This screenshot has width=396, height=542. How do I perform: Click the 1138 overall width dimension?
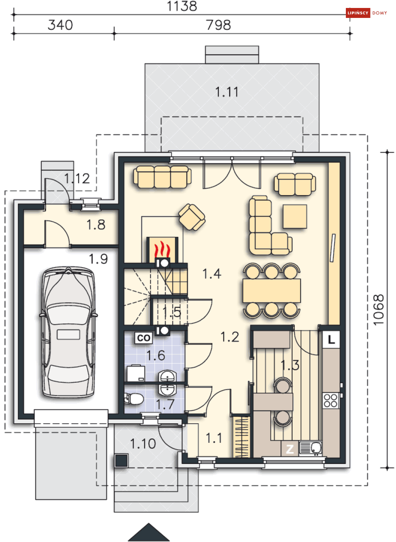click(182, 6)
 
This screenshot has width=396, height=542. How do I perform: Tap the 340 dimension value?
click(60, 25)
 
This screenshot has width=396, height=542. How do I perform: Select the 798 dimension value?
click(218, 25)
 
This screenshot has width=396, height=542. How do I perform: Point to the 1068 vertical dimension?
click(378, 310)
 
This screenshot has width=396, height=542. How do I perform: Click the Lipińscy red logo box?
click(358, 13)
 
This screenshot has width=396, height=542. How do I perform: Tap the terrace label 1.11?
click(227, 92)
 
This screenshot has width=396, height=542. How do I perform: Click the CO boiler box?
click(144, 338)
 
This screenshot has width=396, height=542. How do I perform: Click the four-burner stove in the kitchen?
click(331, 401)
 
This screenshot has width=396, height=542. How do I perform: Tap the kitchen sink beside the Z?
click(310, 448)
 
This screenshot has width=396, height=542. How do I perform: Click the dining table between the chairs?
click(272, 291)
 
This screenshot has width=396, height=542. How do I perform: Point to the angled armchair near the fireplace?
click(192, 217)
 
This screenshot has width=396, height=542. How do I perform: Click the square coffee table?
click(295, 217)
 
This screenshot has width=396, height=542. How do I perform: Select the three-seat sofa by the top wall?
click(162, 177)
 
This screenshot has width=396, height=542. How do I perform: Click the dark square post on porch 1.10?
click(121, 461)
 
